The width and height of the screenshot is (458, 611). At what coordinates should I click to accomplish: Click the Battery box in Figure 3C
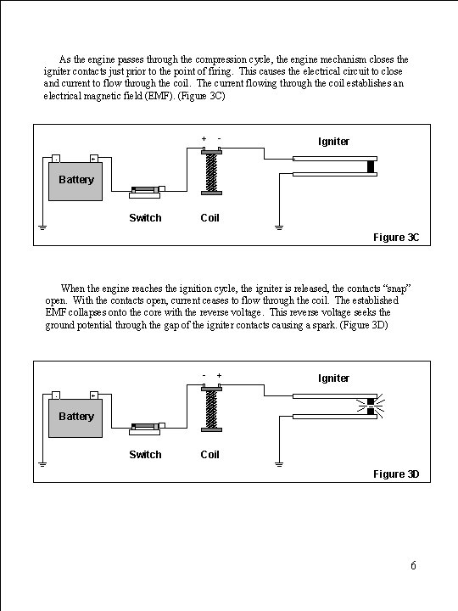[75, 182]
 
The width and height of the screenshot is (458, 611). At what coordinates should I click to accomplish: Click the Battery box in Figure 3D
[75, 418]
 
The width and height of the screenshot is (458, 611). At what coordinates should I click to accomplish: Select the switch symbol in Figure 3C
[147, 192]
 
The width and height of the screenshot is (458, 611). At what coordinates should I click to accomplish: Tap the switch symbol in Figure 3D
[147, 429]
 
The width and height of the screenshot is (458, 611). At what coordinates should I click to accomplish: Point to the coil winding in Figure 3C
[211, 172]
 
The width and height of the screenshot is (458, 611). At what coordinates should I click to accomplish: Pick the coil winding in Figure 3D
[211, 409]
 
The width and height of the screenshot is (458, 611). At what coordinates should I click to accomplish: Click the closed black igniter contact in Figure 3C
[371, 166]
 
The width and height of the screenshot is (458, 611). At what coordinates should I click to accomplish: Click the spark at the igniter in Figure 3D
[371, 406]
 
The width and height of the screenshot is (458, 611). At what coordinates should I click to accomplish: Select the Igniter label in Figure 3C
[333, 142]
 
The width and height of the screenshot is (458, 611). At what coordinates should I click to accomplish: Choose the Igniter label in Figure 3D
[333, 378]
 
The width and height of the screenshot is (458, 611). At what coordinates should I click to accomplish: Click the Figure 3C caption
[396, 238]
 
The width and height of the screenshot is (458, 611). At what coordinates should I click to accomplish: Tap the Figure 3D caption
[396, 474]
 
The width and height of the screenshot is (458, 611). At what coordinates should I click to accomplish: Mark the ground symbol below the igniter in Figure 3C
[279, 227]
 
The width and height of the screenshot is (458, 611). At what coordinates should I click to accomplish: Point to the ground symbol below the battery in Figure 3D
[43, 464]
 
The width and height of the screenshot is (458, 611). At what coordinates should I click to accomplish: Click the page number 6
[413, 565]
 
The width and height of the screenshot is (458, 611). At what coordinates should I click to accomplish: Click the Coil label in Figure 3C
[210, 218]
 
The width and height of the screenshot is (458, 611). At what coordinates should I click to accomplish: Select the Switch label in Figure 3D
[145, 454]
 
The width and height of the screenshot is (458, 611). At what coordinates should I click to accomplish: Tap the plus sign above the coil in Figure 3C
[204, 138]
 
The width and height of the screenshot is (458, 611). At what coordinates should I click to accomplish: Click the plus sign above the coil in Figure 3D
[220, 375]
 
